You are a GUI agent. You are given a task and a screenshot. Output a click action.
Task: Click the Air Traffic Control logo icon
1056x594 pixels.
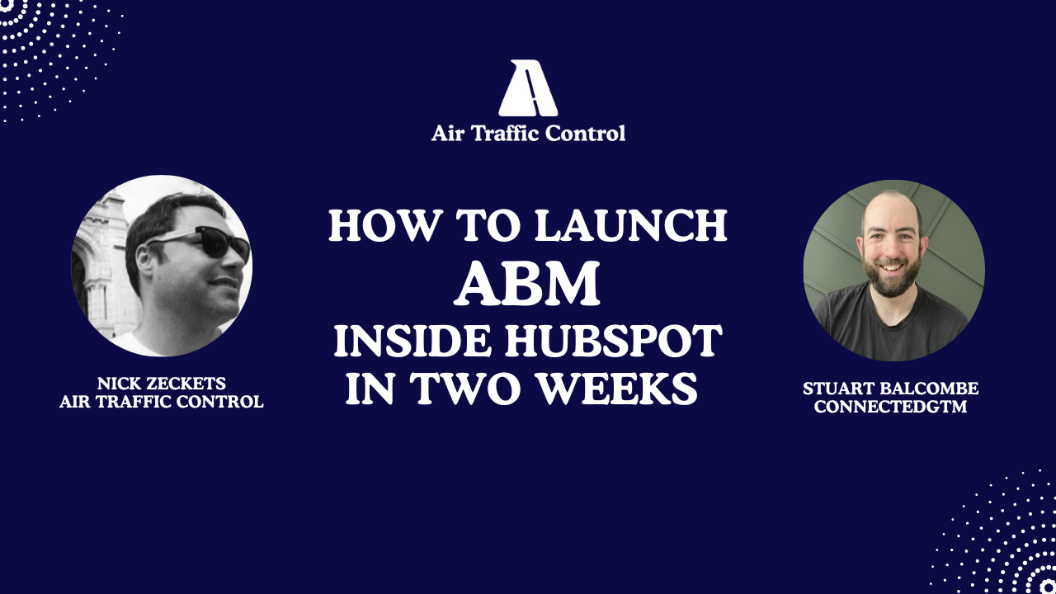point(528,88)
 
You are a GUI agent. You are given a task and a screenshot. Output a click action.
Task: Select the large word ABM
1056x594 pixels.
point(528,283)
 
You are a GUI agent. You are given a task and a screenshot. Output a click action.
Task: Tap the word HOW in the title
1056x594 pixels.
point(371,225)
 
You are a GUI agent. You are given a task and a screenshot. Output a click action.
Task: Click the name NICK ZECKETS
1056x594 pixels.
point(161,384)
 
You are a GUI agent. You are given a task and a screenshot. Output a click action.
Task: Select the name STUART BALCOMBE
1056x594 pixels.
point(890,389)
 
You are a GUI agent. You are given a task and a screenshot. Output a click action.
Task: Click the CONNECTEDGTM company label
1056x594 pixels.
point(890,407)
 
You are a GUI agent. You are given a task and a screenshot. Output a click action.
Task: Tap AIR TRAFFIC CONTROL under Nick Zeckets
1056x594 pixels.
point(161,402)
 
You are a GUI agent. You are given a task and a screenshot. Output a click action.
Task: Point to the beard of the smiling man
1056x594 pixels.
point(894,277)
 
